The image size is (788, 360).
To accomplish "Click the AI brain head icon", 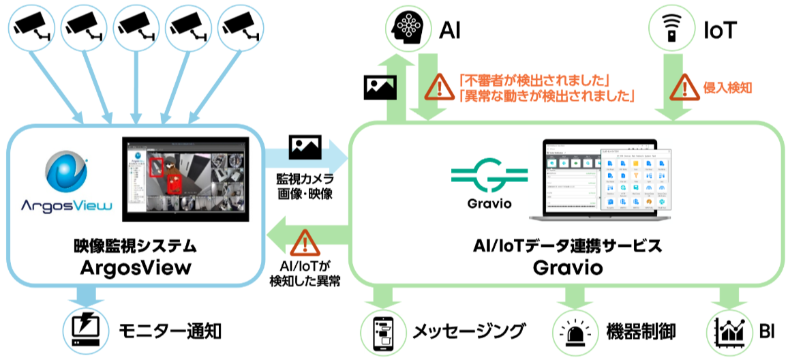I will coord(409,28).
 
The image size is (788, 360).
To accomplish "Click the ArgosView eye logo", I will coord(65,173).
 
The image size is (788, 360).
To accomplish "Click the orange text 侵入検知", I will coord(727,88).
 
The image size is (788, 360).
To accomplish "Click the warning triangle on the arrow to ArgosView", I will coord(305,241).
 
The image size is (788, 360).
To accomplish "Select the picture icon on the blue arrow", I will coord(305,145).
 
